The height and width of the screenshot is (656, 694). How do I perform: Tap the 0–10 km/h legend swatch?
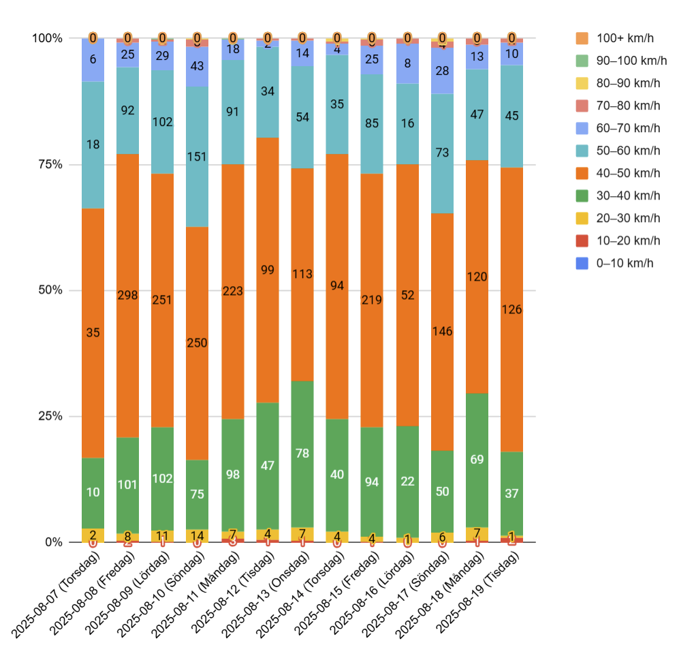(x=583, y=263)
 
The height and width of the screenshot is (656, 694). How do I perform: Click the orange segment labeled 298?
(x=127, y=295)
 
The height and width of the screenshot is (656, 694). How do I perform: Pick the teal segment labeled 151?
(x=198, y=157)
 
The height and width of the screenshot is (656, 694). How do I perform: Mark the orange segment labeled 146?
(x=443, y=332)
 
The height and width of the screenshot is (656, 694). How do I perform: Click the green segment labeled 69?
(x=477, y=460)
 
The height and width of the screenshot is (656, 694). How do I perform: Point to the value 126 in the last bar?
(x=512, y=309)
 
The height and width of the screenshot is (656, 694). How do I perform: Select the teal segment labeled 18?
(x=93, y=144)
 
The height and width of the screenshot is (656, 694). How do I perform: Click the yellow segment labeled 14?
(x=198, y=535)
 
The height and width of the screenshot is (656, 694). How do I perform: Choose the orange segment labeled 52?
(x=407, y=295)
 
